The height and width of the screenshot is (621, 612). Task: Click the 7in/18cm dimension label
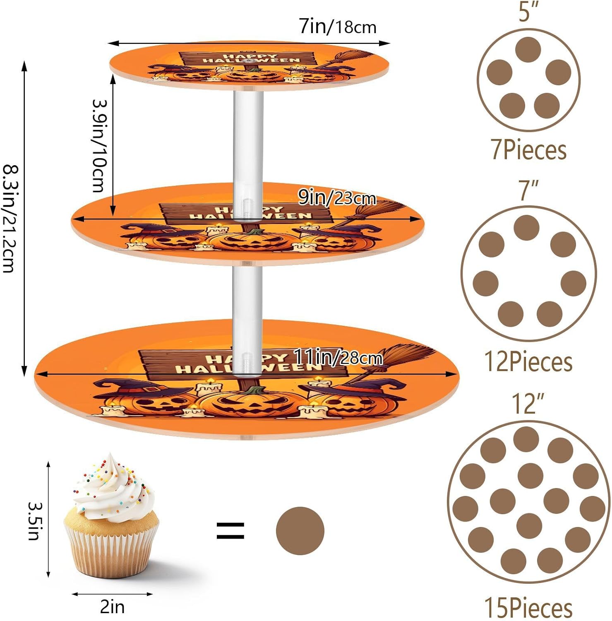pyautogui.click(x=338, y=27)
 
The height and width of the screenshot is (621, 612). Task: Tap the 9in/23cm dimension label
pyautogui.click(x=337, y=198)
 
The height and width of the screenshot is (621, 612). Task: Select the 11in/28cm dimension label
pyautogui.click(x=338, y=357)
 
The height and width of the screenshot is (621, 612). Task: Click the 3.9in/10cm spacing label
pyautogui.click(x=99, y=146)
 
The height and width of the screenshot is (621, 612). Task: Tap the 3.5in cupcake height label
pyautogui.click(x=34, y=521)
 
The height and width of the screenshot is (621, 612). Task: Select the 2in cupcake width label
pyautogui.click(x=112, y=607)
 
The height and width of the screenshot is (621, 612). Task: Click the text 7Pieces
pyautogui.click(x=528, y=150)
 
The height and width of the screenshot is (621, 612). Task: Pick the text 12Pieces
pyautogui.click(x=528, y=362)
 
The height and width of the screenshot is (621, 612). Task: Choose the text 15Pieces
pyautogui.click(x=528, y=608)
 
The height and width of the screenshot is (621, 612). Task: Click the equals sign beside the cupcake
pyautogui.click(x=230, y=531)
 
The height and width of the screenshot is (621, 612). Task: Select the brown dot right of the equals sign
pyautogui.click(x=300, y=531)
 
